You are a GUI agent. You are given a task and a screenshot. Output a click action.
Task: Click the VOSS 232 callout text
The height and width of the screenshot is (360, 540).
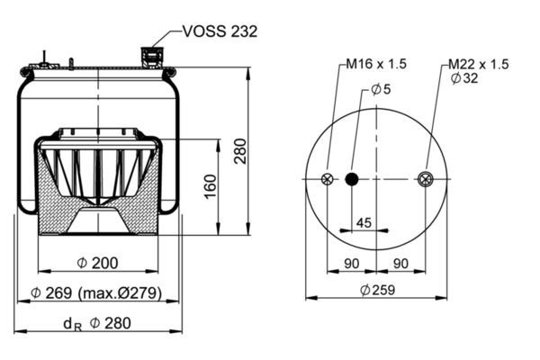220,31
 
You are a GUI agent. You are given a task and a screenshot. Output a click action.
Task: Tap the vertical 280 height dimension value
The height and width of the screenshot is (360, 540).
240,152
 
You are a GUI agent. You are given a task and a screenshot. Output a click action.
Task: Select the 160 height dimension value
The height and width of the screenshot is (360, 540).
209,186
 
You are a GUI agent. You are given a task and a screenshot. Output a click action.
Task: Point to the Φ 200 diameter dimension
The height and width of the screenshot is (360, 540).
97,263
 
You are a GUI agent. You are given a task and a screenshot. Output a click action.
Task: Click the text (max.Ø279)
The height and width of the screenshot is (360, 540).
120,293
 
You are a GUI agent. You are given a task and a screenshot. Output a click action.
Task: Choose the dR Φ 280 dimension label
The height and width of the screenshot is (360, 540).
96,324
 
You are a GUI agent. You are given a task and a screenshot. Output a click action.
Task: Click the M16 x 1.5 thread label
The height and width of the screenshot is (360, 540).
379,64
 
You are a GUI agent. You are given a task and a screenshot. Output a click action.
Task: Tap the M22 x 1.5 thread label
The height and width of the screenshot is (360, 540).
479,64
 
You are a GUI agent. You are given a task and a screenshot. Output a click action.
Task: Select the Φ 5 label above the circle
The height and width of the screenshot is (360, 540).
381,89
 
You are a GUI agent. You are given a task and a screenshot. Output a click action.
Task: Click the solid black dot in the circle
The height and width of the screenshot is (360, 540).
352,179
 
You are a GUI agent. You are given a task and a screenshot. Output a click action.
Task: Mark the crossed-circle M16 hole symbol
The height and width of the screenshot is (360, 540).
327,179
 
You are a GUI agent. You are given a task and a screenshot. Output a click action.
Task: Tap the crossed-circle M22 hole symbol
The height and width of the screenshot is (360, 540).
425,179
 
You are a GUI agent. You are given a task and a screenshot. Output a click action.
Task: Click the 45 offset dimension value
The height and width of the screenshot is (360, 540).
364,221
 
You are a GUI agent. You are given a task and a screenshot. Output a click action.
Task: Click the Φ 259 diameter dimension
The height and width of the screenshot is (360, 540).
376,290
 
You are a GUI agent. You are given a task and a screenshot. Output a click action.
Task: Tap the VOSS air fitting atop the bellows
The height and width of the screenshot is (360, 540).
148,58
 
